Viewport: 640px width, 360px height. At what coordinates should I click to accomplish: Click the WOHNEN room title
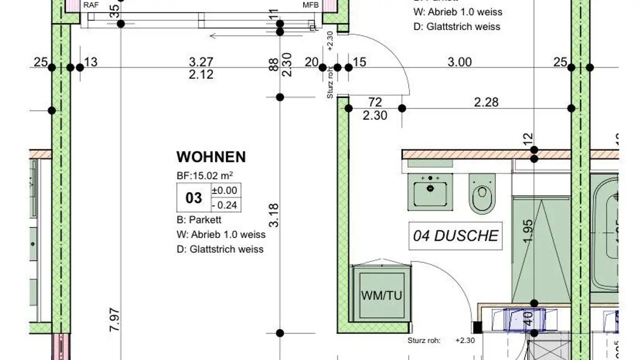click(x=211, y=157)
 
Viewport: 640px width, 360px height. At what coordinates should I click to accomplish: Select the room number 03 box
click(x=193, y=198)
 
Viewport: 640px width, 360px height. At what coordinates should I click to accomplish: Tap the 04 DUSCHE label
click(x=456, y=236)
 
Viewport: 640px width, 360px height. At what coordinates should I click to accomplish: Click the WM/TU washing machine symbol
click(x=382, y=295)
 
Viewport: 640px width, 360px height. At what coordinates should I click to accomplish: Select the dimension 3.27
click(x=201, y=62)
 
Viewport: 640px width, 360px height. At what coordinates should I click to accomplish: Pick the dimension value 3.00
click(x=459, y=62)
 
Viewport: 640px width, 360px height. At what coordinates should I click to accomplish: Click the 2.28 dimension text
click(x=486, y=102)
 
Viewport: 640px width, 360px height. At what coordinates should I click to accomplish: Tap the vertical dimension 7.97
click(x=114, y=319)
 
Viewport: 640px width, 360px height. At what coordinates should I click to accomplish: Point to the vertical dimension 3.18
click(x=274, y=215)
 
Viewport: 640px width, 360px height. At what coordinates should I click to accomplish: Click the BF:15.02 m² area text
click(x=205, y=176)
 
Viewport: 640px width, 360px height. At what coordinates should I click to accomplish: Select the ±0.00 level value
click(x=225, y=191)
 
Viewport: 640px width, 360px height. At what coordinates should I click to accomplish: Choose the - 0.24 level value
click(x=225, y=205)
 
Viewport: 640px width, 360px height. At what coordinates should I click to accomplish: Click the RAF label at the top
click(x=91, y=5)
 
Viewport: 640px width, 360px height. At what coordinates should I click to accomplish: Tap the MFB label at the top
click(x=311, y=5)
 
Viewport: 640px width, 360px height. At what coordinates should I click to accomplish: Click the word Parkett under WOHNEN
click(x=205, y=220)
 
